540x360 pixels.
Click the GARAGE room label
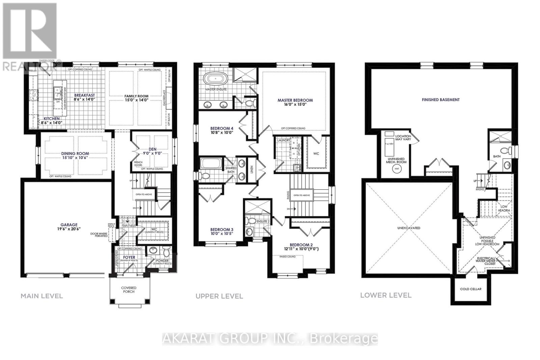(x=69, y=225)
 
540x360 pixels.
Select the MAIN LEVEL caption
(x=42, y=296)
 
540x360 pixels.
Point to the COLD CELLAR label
(x=470, y=289)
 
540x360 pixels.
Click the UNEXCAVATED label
(x=408, y=228)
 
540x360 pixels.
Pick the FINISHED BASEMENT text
(x=440, y=100)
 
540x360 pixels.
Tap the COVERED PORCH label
(x=129, y=290)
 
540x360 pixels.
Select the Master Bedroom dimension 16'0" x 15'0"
(x=295, y=105)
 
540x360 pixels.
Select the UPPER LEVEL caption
(x=219, y=296)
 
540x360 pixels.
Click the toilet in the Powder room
(x=166, y=252)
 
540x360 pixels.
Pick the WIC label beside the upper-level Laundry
(x=316, y=154)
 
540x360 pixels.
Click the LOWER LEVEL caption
(x=386, y=295)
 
